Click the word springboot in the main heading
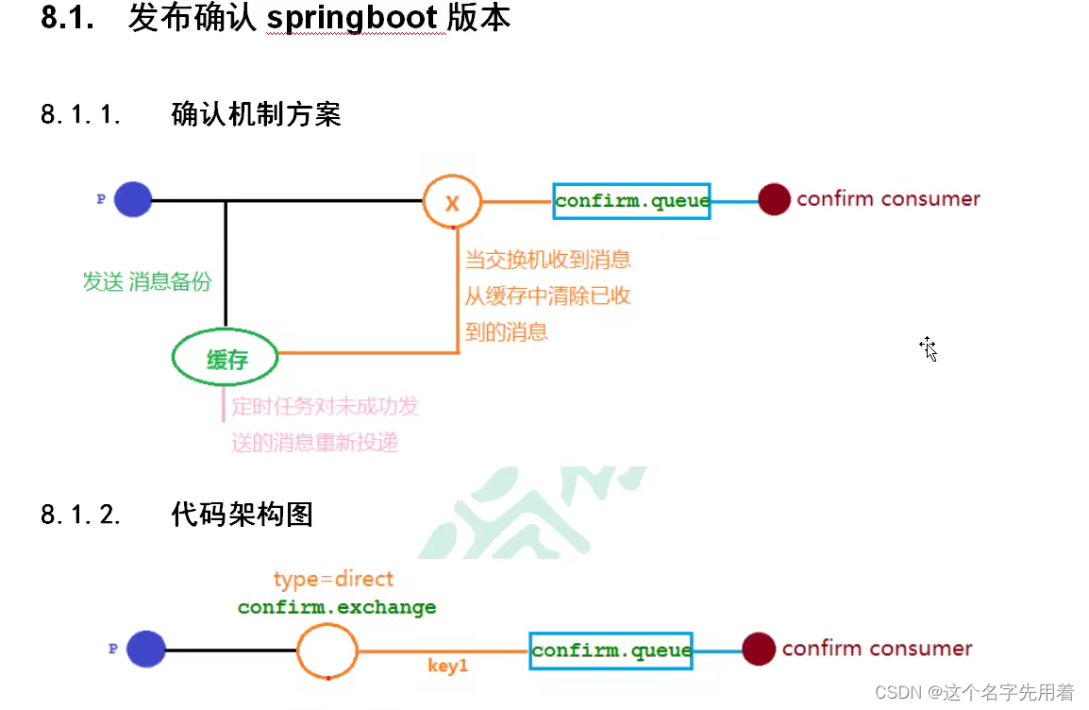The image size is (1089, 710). coord(355,18)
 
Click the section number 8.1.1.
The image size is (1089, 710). coord(81,115)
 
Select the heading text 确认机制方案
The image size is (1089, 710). coord(256,115)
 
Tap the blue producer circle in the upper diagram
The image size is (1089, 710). coord(133,200)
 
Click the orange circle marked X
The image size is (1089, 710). coord(452,201)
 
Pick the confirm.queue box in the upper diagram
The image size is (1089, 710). coord(631,201)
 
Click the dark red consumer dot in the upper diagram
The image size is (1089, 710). coord(774,199)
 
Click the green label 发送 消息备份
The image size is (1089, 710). coord(147,281)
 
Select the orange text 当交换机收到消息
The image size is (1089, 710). coord(548,260)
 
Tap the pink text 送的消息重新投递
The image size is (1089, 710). coord(315,442)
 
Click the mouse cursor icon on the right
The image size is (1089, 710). coord(929,348)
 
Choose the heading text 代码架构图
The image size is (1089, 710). coord(243,515)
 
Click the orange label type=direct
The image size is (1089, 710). coord(333,579)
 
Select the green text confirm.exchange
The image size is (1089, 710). coord(337,607)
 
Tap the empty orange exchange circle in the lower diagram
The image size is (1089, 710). coord(327,651)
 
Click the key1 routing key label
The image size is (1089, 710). coord(447,667)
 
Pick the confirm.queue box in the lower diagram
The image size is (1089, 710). coord(611,651)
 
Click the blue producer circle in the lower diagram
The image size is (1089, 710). coord(146,650)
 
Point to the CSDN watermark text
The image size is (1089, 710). coord(974,693)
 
